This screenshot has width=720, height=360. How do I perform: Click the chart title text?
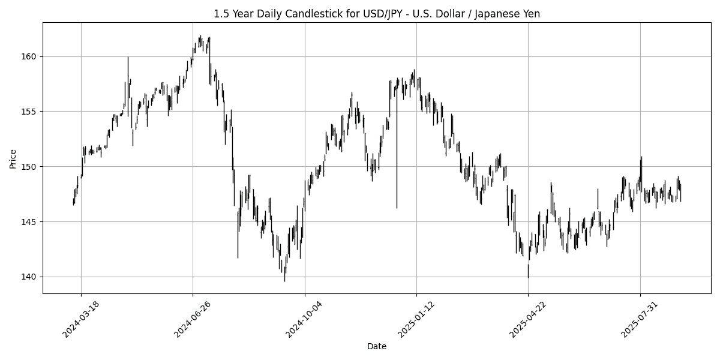point(377,14)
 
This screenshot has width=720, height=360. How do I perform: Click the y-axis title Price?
point(13,158)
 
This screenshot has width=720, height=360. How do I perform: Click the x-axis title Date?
point(377,346)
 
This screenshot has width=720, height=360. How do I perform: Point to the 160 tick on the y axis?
point(30,56)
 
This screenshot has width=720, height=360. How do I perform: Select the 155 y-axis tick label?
point(30,112)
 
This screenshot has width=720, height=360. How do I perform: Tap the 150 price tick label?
point(30,166)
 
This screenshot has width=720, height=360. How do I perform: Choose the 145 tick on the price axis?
point(30,221)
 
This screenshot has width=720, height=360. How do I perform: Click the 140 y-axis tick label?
point(30,277)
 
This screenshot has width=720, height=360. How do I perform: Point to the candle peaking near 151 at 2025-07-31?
point(641,171)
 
